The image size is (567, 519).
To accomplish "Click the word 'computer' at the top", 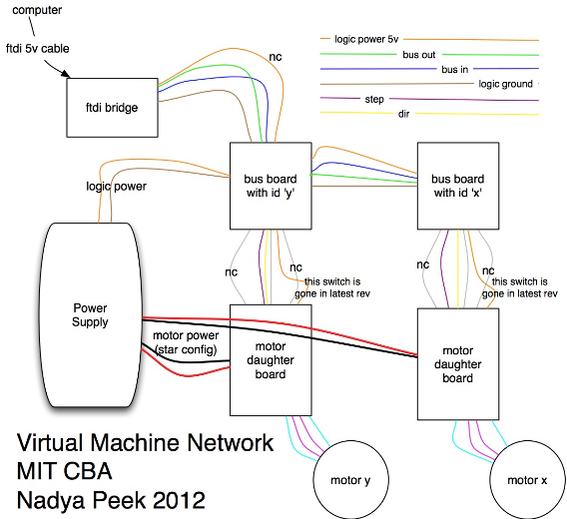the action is pos(37,10).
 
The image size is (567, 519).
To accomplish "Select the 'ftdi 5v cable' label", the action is pos(38,49).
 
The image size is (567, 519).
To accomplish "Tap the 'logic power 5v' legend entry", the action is pos(366,39).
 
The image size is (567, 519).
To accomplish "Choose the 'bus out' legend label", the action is pos(419,55).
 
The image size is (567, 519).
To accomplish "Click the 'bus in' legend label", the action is pos(454,69).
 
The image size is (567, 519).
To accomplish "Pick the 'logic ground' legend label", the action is pos(505,84).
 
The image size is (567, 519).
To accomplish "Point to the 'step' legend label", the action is pos(374,99).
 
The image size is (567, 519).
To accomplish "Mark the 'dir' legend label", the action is pos(403,114).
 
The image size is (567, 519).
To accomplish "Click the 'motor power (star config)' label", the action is pos(186,342).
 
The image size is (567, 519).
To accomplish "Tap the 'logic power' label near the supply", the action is pos(116,187).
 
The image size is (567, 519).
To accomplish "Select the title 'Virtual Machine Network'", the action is pos(145,442).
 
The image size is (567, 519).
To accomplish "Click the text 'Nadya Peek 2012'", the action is pos(111,500).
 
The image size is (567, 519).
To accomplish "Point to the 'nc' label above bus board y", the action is pos(276,57).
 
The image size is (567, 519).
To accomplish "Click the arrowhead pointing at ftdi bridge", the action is pos(66,74).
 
